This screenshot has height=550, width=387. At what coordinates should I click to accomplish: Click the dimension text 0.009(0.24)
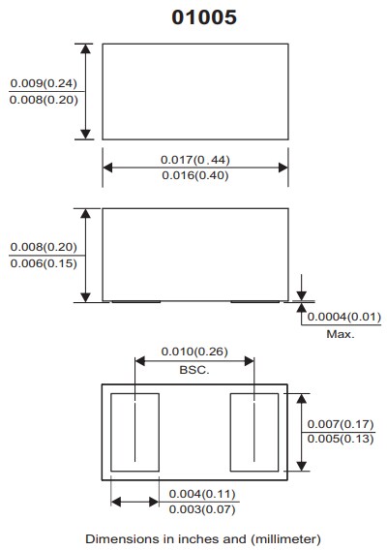(44, 83)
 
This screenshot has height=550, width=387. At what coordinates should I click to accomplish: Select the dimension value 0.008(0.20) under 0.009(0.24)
(44, 100)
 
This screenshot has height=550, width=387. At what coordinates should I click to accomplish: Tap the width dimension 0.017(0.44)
(194, 159)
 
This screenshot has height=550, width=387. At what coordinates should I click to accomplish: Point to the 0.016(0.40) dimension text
(194, 175)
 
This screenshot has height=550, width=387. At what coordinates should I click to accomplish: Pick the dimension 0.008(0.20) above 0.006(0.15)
(44, 247)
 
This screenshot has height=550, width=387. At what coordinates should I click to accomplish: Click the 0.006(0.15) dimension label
(44, 263)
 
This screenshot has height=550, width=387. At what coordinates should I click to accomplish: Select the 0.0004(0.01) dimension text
(344, 317)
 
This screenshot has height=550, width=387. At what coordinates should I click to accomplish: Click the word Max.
(340, 334)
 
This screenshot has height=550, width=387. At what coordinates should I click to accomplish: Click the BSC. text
(194, 369)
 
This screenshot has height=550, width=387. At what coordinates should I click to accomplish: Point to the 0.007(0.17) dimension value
(340, 424)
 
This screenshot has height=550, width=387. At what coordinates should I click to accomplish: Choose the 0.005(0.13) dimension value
(340, 441)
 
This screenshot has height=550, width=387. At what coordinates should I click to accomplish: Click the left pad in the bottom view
(135, 432)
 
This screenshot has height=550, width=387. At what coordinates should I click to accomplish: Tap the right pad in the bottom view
(253, 432)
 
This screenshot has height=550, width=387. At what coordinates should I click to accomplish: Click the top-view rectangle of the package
(194, 91)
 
